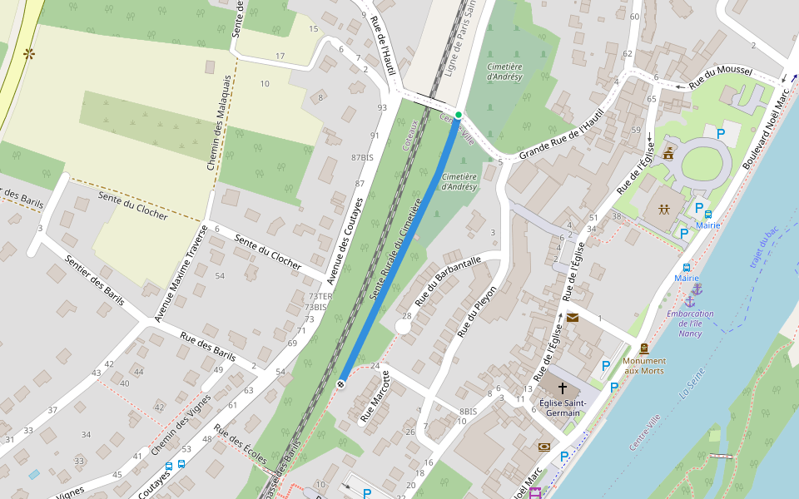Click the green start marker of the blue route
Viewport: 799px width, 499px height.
(x=458, y=114)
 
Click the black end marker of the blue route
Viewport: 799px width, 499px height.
(x=340, y=383)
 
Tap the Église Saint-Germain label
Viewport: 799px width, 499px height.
(x=562, y=408)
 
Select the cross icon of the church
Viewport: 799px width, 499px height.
(x=563, y=388)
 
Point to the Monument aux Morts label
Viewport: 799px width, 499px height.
(x=644, y=365)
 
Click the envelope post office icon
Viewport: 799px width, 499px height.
(x=573, y=317)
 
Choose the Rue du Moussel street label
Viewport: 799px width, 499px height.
(x=720, y=77)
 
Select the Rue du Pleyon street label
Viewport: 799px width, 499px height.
(x=478, y=311)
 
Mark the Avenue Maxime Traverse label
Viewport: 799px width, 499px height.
(x=181, y=272)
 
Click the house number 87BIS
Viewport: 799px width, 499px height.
(x=362, y=157)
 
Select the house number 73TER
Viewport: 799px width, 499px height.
(x=320, y=296)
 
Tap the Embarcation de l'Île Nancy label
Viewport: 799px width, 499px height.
(x=690, y=323)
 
